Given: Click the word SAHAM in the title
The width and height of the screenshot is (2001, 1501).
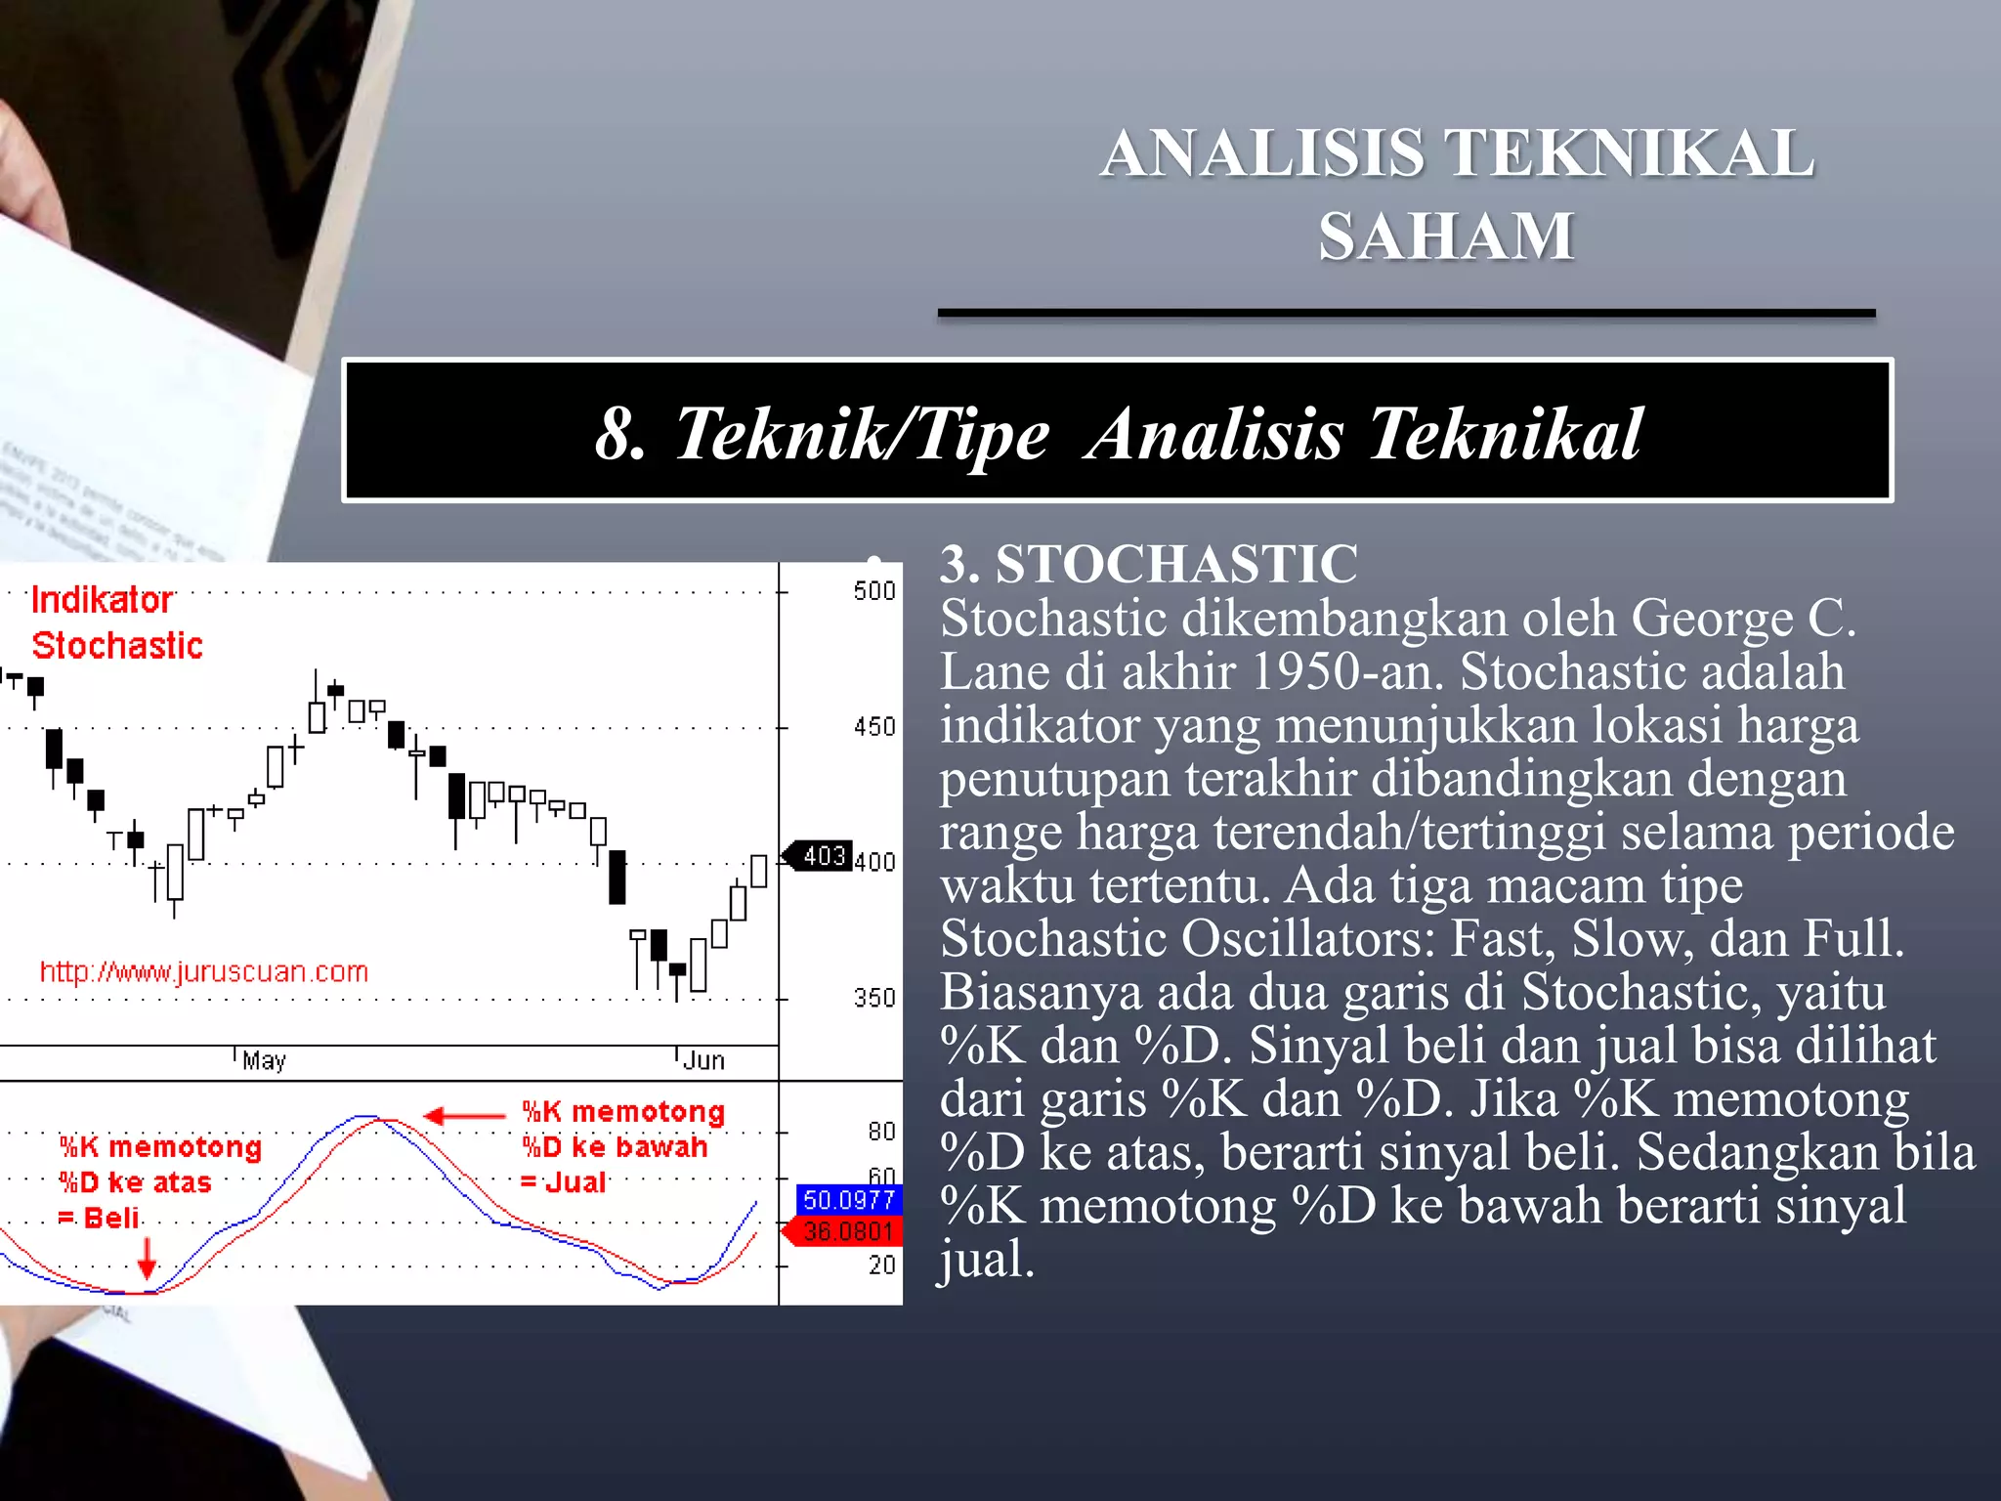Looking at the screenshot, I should click(1446, 236).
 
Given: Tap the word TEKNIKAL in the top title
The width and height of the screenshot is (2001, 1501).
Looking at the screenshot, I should click(1629, 153).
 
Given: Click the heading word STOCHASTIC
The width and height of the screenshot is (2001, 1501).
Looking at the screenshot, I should click(1176, 564).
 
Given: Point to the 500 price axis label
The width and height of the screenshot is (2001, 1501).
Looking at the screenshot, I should click(873, 591).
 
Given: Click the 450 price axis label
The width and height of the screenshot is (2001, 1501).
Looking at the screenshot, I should click(873, 727).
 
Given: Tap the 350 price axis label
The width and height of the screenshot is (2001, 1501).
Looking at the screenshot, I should click(873, 998).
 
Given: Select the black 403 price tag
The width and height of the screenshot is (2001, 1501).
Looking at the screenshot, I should click(823, 856).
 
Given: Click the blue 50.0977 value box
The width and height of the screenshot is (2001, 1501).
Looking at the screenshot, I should click(848, 1199).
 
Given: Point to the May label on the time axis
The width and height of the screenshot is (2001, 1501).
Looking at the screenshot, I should click(264, 1061).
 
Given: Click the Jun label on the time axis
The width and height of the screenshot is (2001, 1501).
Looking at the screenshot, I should click(703, 1061).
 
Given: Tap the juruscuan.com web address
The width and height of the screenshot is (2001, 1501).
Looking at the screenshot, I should click(203, 971).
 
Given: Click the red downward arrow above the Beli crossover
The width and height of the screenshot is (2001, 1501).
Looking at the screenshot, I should click(147, 1258).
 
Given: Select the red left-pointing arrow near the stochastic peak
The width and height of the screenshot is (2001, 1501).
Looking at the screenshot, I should click(464, 1116).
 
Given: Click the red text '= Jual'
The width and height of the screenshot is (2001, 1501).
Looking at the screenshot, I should click(564, 1182).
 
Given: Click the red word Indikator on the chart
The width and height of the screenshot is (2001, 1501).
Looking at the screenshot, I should click(102, 600).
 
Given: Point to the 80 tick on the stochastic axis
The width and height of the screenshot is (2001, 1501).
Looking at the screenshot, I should click(881, 1132).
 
